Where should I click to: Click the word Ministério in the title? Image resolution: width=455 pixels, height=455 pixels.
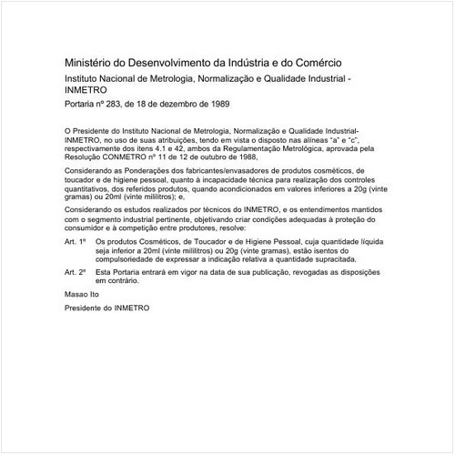click(89, 65)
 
